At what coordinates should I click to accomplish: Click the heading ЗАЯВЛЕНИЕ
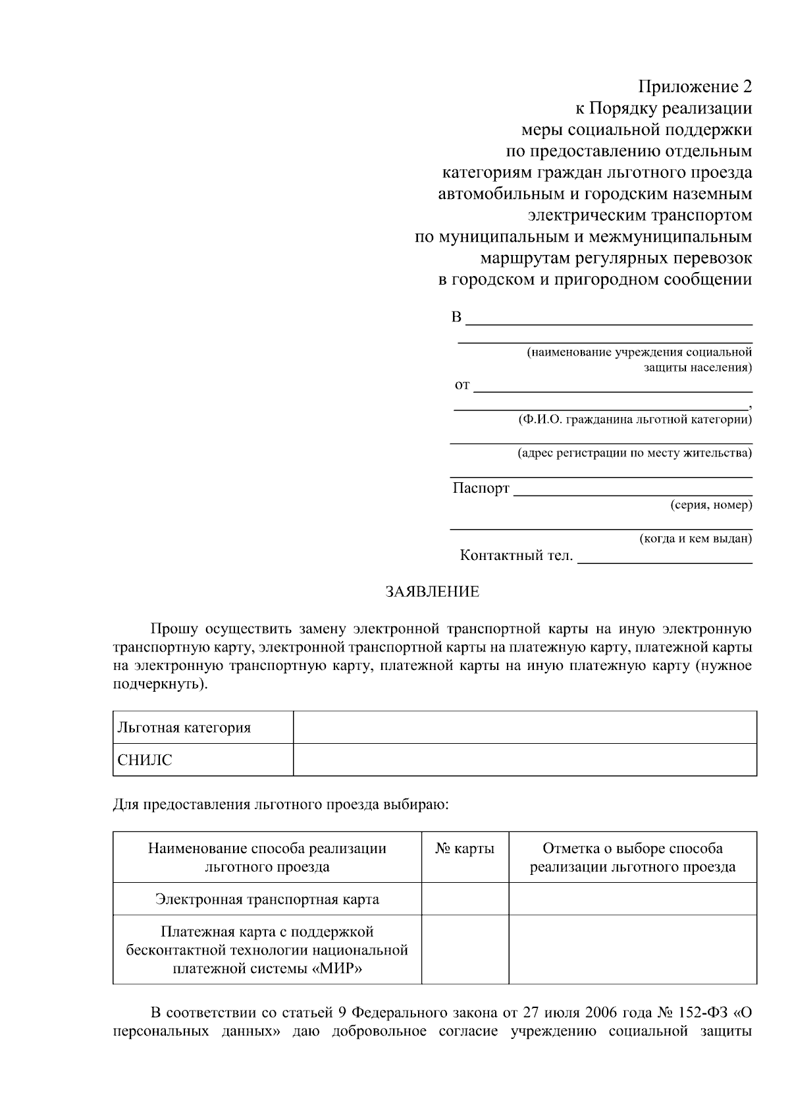(432, 592)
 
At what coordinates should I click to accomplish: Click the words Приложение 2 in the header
(695, 86)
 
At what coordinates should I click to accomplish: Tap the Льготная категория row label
(184, 728)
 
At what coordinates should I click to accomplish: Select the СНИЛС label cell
(145, 760)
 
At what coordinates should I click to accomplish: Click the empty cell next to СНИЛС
(524, 760)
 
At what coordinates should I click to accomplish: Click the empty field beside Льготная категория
(524, 728)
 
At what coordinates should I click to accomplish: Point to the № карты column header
(465, 849)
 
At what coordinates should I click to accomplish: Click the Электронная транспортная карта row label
(267, 899)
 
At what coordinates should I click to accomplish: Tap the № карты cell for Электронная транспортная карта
(465, 899)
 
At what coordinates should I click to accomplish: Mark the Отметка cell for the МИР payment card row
(632, 950)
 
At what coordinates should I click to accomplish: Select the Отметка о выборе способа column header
(632, 857)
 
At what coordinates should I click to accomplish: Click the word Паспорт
(481, 488)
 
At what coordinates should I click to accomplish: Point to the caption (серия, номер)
(711, 505)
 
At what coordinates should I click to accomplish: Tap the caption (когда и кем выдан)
(696, 539)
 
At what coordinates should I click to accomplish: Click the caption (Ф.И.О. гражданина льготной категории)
(635, 419)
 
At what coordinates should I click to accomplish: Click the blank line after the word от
(612, 385)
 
